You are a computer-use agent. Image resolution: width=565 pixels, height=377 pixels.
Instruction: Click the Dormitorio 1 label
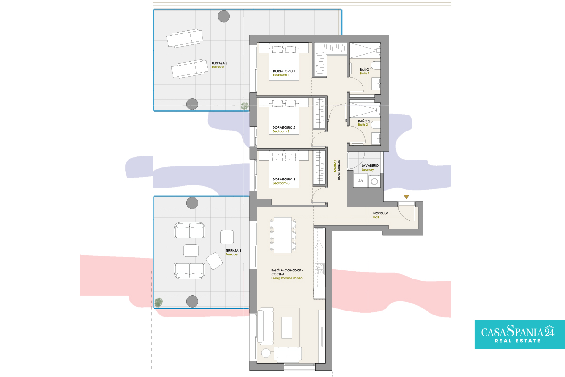point(284,73)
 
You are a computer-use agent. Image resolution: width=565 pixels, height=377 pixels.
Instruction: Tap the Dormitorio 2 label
point(283,129)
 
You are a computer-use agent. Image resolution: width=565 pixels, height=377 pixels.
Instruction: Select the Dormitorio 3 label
point(283,181)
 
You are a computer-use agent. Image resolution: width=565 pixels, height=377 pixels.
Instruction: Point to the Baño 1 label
point(365,71)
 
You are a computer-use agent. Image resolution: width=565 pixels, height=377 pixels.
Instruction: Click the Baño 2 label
point(364,123)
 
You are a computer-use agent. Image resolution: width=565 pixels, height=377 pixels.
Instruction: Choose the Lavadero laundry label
point(370,167)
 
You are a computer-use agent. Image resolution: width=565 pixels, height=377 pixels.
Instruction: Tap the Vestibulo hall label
point(380,215)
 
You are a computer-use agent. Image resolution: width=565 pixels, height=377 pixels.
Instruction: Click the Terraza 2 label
point(219,65)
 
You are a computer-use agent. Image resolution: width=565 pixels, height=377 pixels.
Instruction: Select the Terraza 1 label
point(233,252)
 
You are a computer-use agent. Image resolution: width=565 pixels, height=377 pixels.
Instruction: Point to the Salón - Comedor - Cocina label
point(287,274)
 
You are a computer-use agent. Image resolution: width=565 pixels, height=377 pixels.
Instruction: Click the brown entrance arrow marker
point(406,197)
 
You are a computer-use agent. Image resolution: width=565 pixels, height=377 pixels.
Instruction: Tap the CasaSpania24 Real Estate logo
point(520,334)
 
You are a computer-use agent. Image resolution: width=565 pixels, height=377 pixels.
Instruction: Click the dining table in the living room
point(283,235)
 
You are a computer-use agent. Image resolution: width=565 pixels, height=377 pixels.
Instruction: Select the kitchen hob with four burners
point(319,269)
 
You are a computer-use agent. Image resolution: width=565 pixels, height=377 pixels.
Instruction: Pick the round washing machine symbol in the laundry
point(374,181)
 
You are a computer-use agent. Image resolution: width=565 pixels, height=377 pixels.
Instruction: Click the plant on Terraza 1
point(159,302)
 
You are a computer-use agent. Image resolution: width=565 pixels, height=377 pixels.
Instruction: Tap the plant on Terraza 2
point(244,106)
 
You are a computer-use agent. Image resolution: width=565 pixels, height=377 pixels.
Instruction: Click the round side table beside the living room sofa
point(266,353)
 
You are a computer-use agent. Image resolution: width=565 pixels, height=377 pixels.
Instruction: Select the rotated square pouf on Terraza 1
point(214,261)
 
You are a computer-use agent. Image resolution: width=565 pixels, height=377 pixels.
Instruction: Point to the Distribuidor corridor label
point(337,170)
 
